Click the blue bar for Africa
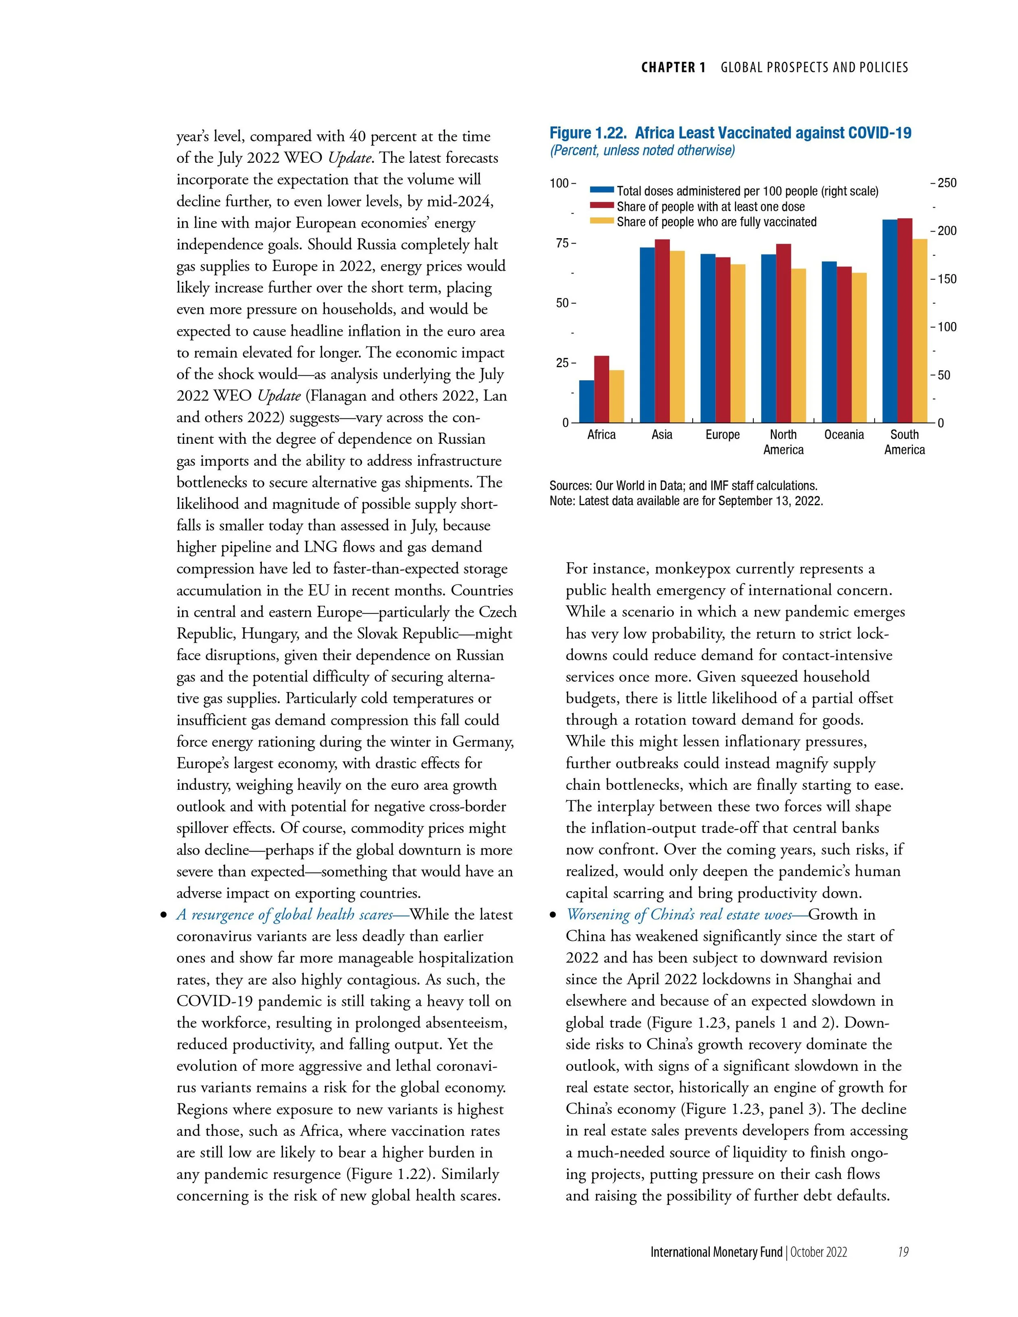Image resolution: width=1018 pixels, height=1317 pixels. tap(586, 401)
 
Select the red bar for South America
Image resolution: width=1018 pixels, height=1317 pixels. tap(905, 320)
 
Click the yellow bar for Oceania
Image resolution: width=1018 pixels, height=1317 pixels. tap(859, 348)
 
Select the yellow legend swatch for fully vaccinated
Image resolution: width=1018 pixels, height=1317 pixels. tap(602, 222)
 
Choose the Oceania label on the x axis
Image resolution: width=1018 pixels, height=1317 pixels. tap(844, 435)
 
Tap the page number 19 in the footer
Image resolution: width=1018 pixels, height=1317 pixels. tap(903, 1252)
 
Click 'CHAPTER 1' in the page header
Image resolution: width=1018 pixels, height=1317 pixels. tap(673, 68)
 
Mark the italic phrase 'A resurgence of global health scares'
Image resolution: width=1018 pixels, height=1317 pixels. tap(284, 915)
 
